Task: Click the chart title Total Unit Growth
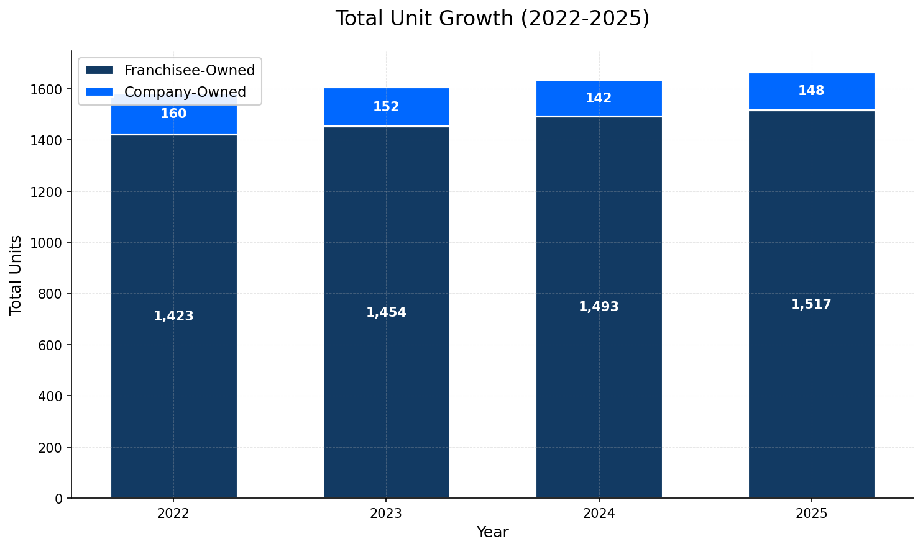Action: (x=492, y=19)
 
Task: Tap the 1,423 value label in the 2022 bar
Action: (x=173, y=316)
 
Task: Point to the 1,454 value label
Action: (x=386, y=312)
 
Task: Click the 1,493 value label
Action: (x=599, y=307)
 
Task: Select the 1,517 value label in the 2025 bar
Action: (x=811, y=304)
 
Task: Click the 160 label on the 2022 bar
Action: (x=173, y=114)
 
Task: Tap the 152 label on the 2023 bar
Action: (x=386, y=107)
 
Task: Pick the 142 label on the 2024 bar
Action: (x=599, y=98)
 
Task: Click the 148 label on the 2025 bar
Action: (x=811, y=91)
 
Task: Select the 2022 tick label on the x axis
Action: (x=173, y=514)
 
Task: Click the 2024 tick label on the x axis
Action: (x=599, y=514)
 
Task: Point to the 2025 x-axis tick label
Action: (x=811, y=514)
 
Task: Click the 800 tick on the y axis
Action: (x=53, y=294)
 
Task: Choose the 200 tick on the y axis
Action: (x=53, y=447)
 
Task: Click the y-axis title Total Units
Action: (x=16, y=274)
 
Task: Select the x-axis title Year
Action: (x=492, y=532)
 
